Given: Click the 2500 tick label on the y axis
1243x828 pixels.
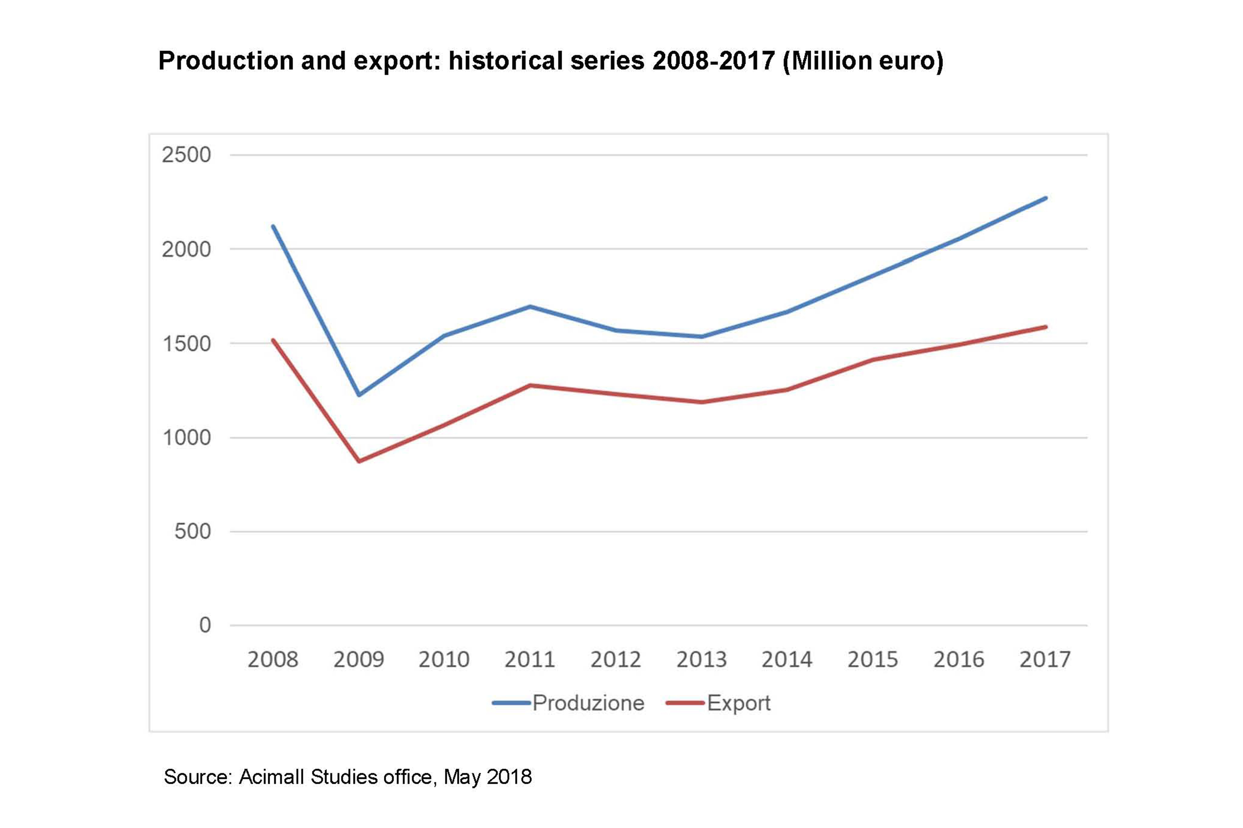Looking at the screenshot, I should coord(186,155).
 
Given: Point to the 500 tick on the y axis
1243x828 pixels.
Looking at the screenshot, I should coord(192,531).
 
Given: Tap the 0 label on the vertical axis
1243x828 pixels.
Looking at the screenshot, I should coord(205,625).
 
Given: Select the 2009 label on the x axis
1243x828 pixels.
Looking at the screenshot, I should coord(359,660).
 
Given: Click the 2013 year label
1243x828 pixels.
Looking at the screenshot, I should coord(701,660).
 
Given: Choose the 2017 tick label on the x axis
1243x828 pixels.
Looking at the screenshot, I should coord(1044,660).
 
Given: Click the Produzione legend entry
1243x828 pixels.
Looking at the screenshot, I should coord(588,703).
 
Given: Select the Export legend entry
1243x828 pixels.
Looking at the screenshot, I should coord(738,703).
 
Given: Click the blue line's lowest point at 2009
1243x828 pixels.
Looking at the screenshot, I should coord(359,394).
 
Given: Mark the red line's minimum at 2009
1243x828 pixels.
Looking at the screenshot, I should coord(359,461).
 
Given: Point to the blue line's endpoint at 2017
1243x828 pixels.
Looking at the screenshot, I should coord(1045,198).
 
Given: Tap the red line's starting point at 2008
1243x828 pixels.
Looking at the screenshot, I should coord(273,340).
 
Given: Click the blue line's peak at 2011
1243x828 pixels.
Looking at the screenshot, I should coord(530,306).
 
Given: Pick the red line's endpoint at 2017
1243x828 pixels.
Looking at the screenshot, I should coord(1045,327).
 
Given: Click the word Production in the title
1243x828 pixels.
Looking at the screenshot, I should coord(226,61).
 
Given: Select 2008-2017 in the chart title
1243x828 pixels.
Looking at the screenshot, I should coord(713,61).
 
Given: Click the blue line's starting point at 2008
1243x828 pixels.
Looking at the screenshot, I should coord(273,226).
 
